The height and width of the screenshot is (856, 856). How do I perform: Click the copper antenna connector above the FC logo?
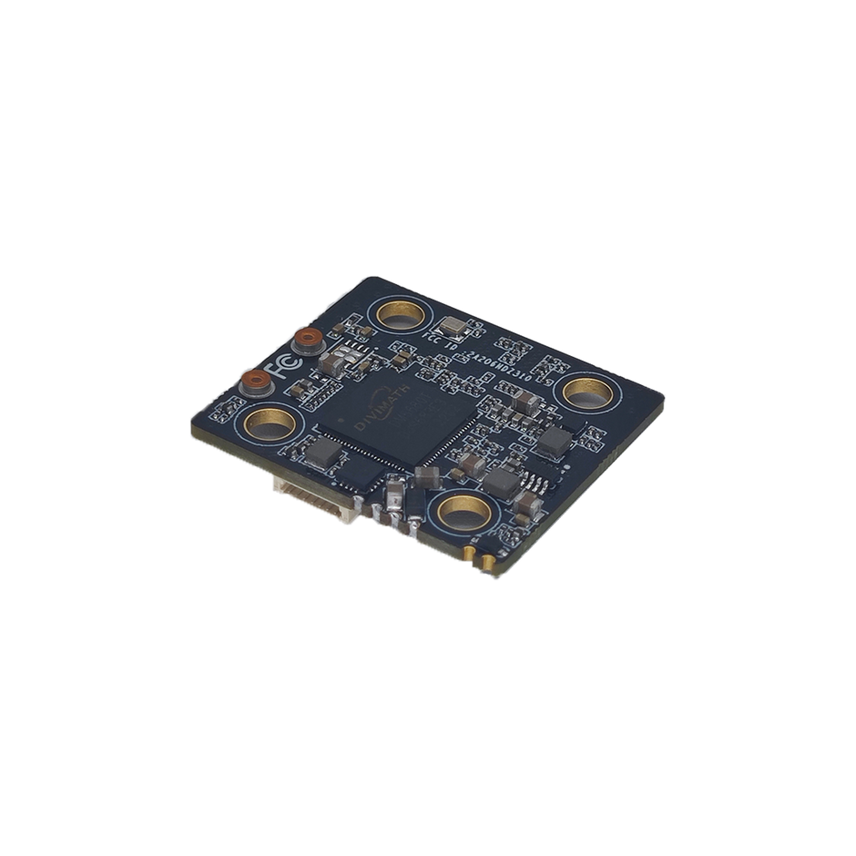[307, 341]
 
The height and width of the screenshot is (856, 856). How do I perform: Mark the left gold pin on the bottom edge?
[470, 554]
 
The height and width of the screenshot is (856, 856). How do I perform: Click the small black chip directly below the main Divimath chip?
[364, 471]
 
